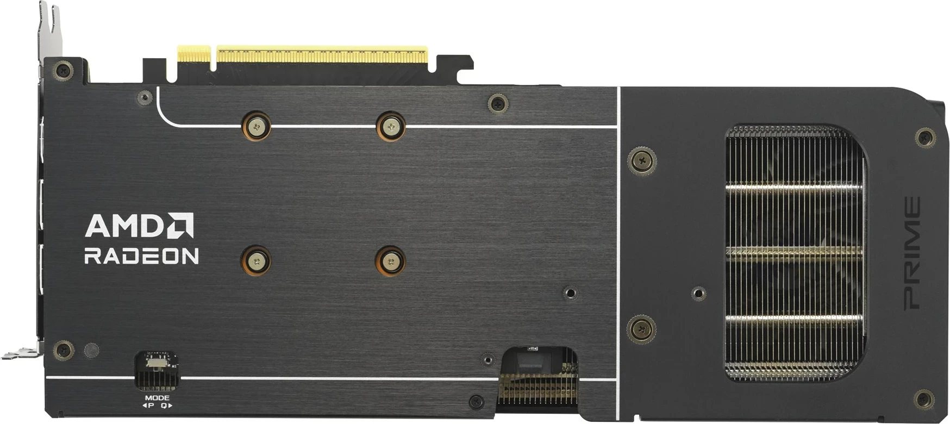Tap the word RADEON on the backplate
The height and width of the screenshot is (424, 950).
click(x=141, y=256)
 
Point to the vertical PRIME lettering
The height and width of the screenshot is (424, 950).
click(x=912, y=253)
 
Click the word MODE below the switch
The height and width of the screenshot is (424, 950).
click(x=157, y=398)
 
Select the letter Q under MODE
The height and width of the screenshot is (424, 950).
click(x=164, y=406)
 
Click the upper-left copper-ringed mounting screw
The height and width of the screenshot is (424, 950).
click(x=257, y=127)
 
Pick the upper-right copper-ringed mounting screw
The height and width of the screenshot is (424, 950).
click(x=391, y=127)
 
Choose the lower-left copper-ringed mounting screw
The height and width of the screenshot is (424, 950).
click(x=257, y=261)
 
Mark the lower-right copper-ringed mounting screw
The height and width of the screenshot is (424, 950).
click(x=391, y=261)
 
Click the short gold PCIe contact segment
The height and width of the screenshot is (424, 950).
click(x=194, y=55)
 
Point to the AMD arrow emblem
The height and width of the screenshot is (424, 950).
click(x=180, y=225)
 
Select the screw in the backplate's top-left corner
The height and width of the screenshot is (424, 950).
click(x=63, y=70)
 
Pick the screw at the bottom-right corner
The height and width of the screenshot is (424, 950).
click(x=924, y=400)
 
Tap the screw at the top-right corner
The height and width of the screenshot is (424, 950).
click(x=925, y=137)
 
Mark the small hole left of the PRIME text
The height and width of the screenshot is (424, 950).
click(x=699, y=294)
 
